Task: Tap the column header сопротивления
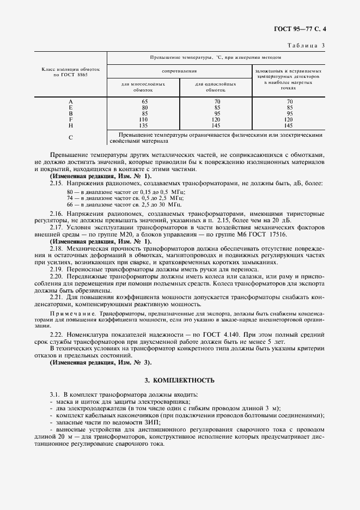[x=179, y=71]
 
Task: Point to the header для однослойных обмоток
[x=216, y=87]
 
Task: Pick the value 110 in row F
[x=144, y=119]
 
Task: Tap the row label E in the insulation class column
[x=71, y=107]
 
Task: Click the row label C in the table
[x=71, y=137]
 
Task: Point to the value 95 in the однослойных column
[x=216, y=113]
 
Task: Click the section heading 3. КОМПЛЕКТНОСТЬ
[x=180, y=380]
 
